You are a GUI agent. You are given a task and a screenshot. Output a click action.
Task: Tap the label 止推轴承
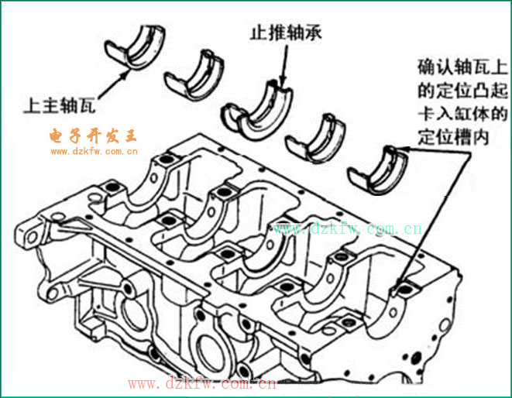280,33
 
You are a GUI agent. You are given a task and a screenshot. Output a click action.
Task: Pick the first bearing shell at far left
139,46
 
